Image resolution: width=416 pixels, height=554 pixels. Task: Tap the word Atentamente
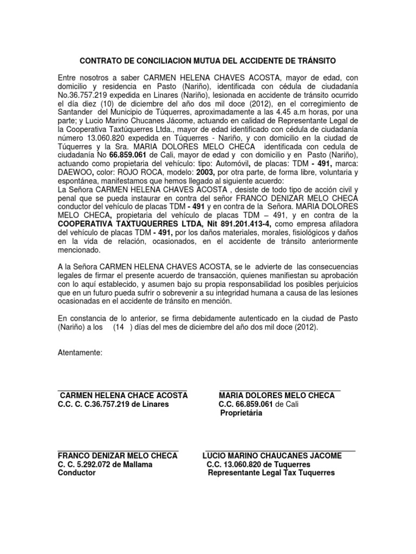(80, 353)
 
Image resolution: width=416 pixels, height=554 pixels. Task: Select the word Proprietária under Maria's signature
(241, 413)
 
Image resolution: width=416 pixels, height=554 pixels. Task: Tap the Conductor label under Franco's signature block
(76, 472)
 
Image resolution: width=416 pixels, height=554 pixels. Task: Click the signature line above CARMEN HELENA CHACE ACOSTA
(122, 388)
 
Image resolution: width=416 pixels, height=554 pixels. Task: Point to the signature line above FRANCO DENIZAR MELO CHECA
(118, 449)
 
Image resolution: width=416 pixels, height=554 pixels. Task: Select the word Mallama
(138, 464)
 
